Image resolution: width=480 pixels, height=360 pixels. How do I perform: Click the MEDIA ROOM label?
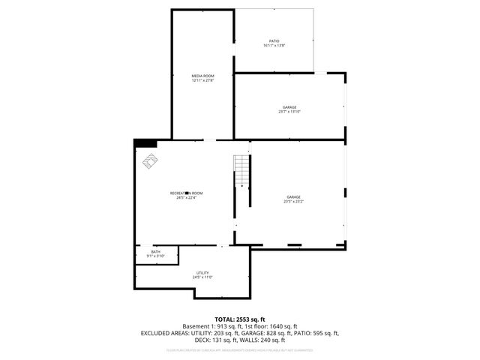[x=203, y=76]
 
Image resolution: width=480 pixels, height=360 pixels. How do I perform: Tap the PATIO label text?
[x=274, y=40]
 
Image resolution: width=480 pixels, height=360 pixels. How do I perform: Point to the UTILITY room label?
[x=202, y=273]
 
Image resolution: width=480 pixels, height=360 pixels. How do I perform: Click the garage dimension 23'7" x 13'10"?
[x=289, y=112]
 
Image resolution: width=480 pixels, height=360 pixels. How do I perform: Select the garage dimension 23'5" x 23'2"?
[x=292, y=202]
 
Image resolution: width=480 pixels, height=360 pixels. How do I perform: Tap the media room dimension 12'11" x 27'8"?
[x=203, y=80]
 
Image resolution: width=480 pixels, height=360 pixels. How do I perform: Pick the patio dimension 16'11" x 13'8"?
[x=274, y=46]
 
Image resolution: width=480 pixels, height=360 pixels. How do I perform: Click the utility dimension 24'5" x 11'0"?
[x=202, y=277]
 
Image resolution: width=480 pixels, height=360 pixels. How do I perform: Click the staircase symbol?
[x=240, y=164]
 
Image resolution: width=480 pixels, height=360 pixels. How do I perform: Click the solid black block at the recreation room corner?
[x=145, y=143]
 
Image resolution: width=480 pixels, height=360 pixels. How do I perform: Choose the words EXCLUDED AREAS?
[x=160, y=332]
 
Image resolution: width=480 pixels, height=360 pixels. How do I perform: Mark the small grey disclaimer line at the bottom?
[x=240, y=349]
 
